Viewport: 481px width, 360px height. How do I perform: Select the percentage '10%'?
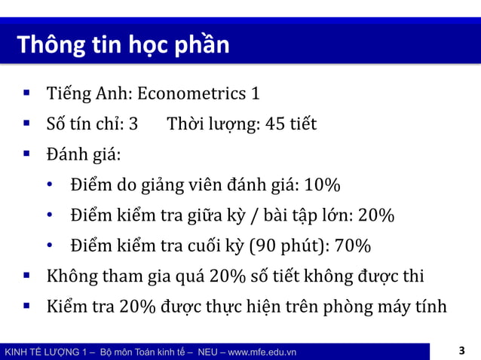pyautogui.click(x=323, y=185)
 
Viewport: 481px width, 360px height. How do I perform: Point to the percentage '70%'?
pyautogui.click(x=353, y=246)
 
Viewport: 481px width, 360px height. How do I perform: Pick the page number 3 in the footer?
pyautogui.click(x=461, y=351)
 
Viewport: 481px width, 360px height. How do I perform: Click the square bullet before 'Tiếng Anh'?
pyautogui.click(x=26, y=94)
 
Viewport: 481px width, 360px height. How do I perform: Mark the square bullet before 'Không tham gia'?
pyautogui.click(x=26, y=276)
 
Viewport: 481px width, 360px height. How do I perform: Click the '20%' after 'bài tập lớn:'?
pyautogui.click(x=376, y=216)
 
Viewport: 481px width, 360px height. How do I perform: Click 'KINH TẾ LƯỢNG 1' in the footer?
pyautogui.click(x=46, y=352)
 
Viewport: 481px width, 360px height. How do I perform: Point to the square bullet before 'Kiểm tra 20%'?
pyautogui.click(x=26, y=307)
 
